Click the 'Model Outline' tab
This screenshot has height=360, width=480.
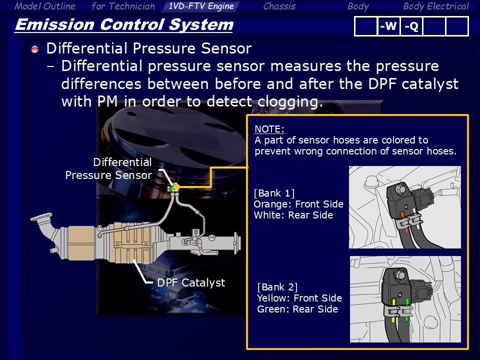coord(44,6)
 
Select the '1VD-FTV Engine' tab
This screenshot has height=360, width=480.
coord(201,6)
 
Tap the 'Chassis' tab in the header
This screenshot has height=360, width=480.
coord(279,6)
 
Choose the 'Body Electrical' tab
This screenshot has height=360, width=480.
coord(435,6)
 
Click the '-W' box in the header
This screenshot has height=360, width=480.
coord(388,26)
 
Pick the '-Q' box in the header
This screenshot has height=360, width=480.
coord(411,26)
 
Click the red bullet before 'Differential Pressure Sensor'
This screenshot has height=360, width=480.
coord(35,49)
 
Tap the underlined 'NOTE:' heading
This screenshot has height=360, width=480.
coord(269,129)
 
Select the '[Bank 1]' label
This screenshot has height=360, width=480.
coord(274,193)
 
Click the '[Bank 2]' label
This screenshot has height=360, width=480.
coord(277,287)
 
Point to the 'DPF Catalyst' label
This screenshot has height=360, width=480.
coord(191,282)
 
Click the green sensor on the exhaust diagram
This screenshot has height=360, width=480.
coord(173,187)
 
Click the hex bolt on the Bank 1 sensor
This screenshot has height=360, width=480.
coord(400,189)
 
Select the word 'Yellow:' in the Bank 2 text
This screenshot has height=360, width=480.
coord(274,298)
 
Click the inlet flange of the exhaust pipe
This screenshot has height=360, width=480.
coord(40,218)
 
